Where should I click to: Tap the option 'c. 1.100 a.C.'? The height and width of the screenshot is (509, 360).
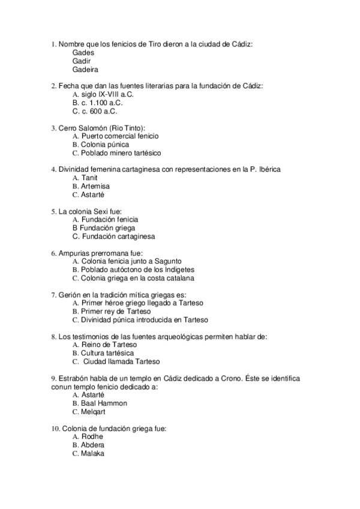click(98, 103)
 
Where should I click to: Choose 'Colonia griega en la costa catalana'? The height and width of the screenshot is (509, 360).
click(137, 278)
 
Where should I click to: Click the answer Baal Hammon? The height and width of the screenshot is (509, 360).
click(104, 403)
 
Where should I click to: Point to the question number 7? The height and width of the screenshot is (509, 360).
click(55, 295)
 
